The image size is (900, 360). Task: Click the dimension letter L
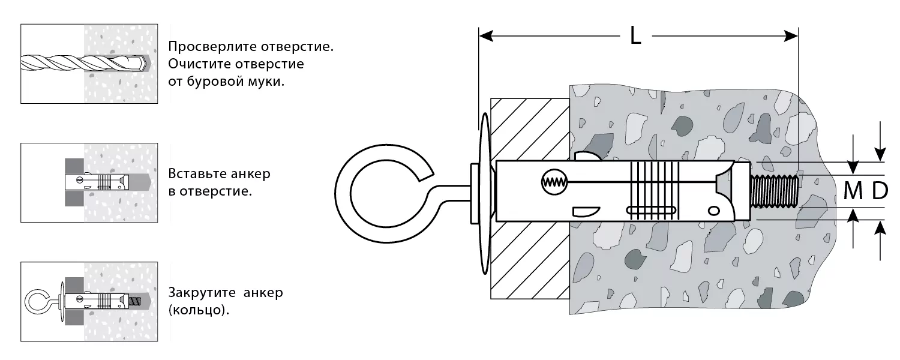coord(635,35)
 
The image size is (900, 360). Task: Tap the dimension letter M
coord(853,191)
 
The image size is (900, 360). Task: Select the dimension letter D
coord(880,191)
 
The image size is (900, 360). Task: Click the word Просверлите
coord(212,47)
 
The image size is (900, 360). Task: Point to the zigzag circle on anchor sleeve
coord(554,182)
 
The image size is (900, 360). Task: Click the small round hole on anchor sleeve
coord(713,211)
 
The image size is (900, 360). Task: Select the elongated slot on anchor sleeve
coord(651,210)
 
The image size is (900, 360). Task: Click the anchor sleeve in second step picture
coord(97,182)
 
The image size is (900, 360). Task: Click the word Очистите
coord(199,64)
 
